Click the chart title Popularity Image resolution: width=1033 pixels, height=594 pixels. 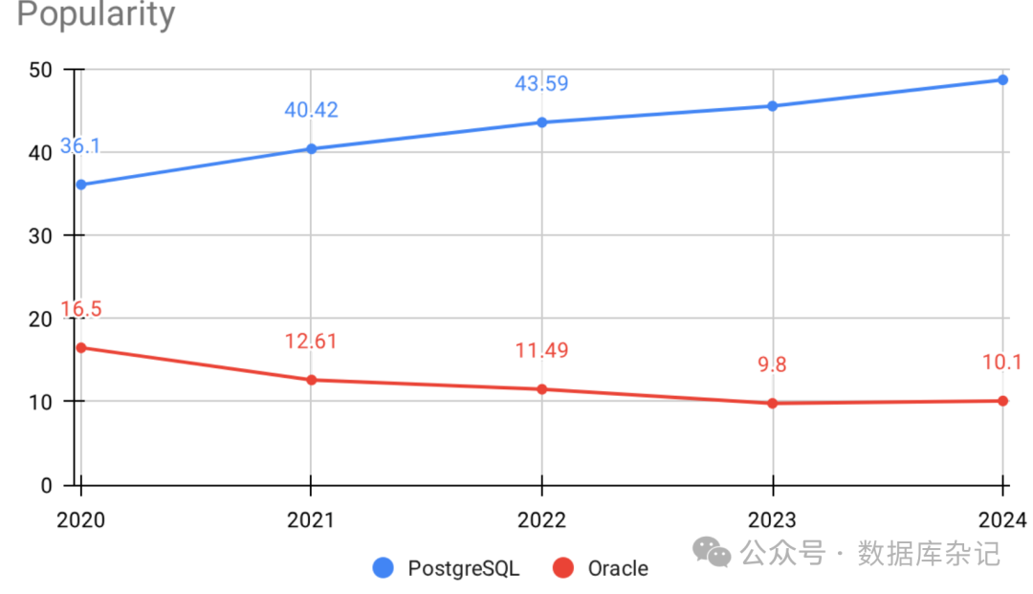point(97,14)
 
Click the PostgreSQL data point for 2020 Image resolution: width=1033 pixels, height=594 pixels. point(80,185)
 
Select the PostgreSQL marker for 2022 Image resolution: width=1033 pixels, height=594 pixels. point(542,122)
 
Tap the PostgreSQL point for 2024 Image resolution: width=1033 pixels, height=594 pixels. point(1003,79)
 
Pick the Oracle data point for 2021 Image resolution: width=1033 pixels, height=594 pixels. point(311,380)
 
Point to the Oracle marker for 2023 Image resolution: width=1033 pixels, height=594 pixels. point(773,404)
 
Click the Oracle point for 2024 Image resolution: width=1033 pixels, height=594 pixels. point(1003,401)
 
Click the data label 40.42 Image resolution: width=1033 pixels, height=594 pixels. point(311,110)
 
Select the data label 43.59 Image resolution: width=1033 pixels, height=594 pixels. point(541,83)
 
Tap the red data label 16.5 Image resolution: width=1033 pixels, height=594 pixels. point(80,309)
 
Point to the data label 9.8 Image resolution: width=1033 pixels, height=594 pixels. point(772,364)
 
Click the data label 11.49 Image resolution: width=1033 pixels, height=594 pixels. point(541,350)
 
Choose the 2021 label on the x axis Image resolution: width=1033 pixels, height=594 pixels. point(311,520)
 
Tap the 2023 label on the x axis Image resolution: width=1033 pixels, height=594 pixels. point(772,520)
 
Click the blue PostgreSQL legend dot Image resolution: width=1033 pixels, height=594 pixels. point(384,568)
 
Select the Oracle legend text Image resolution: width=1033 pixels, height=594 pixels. point(617,568)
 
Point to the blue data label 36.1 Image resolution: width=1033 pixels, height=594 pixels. point(80,146)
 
